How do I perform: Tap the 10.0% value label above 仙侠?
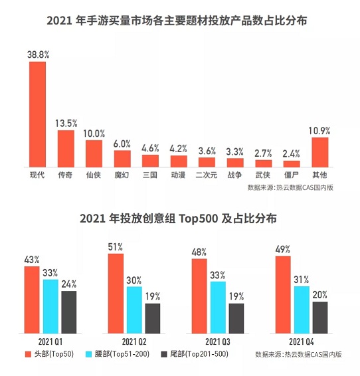point(94,134)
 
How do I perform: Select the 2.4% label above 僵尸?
point(292,153)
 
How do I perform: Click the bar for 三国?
point(151,161)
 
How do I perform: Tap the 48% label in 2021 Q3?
point(199,253)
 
